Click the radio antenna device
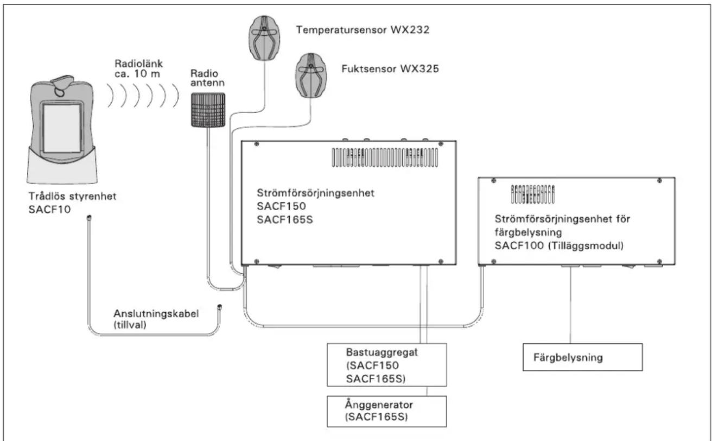tap(208, 110)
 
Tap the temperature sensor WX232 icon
tap(264, 38)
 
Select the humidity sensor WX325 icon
tap(311, 75)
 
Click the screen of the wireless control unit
tap(62, 128)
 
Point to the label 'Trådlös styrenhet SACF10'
tap(73, 203)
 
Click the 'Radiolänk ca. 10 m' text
tap(139, 68)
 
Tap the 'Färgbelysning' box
tap(583, 357)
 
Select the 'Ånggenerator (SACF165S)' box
tap(387, 411)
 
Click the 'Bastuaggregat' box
tap(387, 365)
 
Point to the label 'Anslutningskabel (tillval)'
tap(156, 319)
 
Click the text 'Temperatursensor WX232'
tap(363, 30)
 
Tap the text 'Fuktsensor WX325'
tap(390, 69)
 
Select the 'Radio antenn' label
tap(207, 78)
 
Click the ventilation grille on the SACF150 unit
tap(385, 157)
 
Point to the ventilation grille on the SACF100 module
tap(533, 194)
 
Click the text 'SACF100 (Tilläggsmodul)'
tap(559, 245)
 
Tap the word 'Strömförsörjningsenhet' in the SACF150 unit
tap(315, 193)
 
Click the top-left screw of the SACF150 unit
tap(257, 144)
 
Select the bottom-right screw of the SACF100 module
tap(659, 262)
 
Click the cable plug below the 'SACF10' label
tap(90, 218)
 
